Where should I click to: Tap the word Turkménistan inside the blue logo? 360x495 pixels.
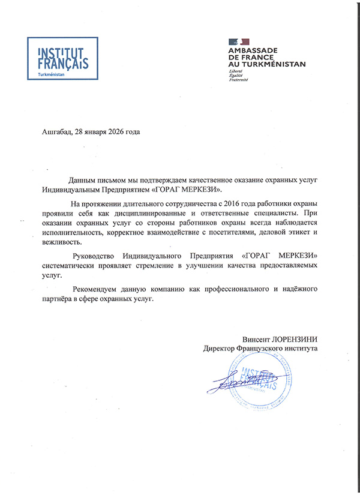[x=51, y=74]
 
